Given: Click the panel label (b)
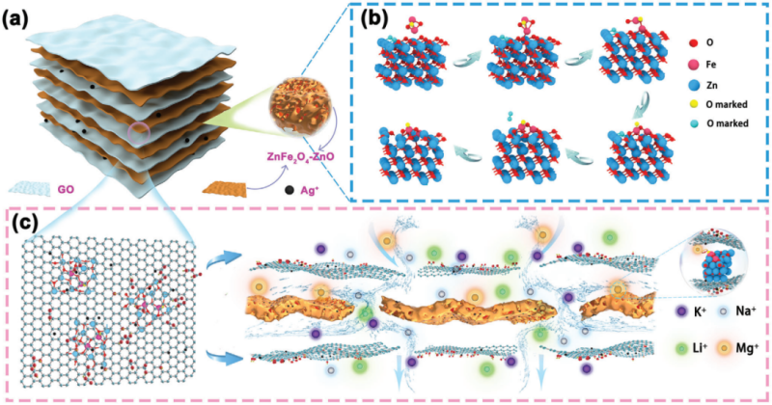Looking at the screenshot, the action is click(x=373, y=18).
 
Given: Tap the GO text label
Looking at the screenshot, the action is click(x=66, y=188).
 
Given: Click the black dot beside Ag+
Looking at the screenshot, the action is click(x=290, y=189).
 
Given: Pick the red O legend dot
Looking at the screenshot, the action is click(x=694, y=42).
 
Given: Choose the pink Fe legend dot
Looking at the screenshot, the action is click(x=694, y=65).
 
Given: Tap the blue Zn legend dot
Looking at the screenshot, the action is click(x=694, y=86).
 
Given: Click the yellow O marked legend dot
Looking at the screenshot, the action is click(x=694, y=104).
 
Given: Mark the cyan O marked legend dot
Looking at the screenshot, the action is click(x=694, y=123).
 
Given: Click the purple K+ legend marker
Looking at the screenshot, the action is click(x=682, y=311).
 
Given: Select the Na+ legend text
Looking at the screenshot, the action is click(x=745, y=311).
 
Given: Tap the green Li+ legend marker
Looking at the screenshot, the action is click(x=682, y=349).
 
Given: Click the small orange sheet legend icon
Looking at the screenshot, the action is click(x=225, y=189).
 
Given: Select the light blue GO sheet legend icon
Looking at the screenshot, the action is click(x=30, y=188).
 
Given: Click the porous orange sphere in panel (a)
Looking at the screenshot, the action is click(x=300, y=108).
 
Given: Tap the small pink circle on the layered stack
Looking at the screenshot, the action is click(x=140, y=132).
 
